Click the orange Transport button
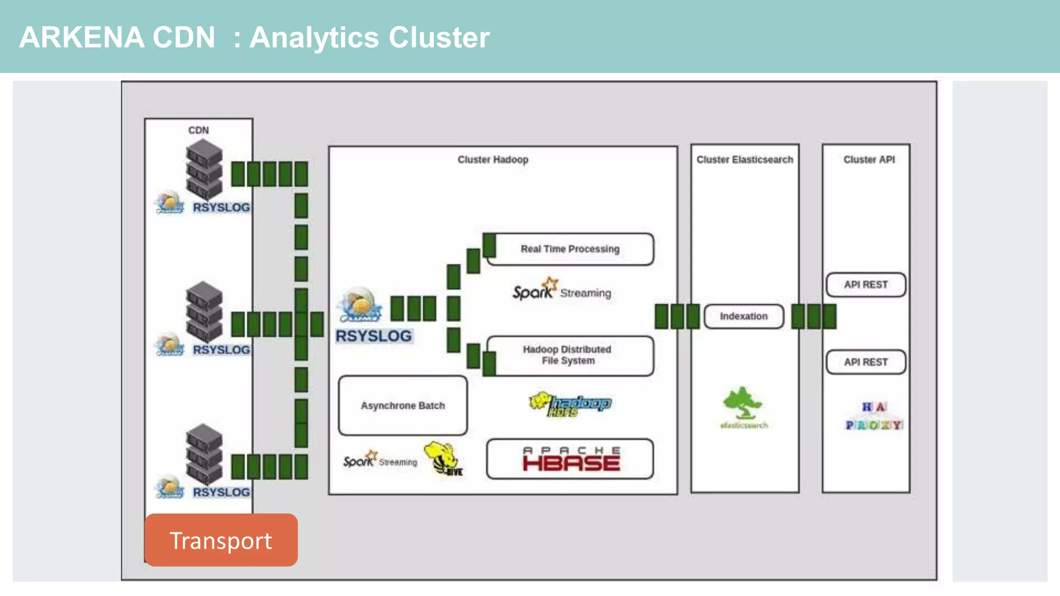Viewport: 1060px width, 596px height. pyautogui.click(x=221, y=540)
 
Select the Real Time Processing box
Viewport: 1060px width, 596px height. pyautogui.click(x=570, y=249)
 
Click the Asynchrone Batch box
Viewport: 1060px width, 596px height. pyautogui.click(x=403, y=406)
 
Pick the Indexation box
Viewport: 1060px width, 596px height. pyautogui.click(x=744, y=316)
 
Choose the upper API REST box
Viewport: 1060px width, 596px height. pyautogui.click(x=866, y=285)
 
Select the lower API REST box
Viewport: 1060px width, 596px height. pyautogui.click(x=866, y=362)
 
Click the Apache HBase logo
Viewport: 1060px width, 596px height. pyautogui.click(x=570, y=459)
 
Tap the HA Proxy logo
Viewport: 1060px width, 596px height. pyautogui.click(x=874, y=416)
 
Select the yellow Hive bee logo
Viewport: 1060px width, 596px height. pyautogui.click(x=443, y=458)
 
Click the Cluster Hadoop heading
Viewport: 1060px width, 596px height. pyautogui.click(x=493, y=160)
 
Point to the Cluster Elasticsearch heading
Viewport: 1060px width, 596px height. pyautogui.click(x=744, y=160)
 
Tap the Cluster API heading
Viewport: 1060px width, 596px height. pyautogui.click(x=869, y=160)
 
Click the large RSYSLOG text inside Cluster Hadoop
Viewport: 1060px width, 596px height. pyautogui.click(x=374, y=336)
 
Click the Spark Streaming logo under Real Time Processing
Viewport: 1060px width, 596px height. pyautogui.click(x=562, y=290)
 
